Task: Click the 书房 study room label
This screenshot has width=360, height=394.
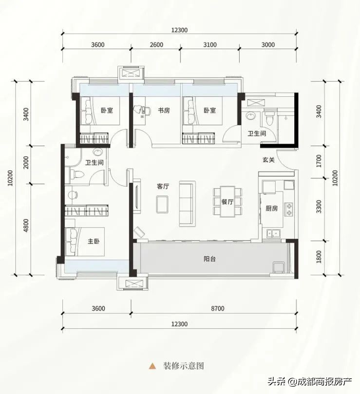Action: [x=164, y=110]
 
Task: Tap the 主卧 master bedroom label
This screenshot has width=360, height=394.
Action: [x=94, y=242]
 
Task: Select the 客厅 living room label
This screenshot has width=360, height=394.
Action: [x=163, y=187]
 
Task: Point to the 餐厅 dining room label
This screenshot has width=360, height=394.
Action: [x=227, y=202]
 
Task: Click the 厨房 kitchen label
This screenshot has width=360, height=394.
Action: [x=272, y=208]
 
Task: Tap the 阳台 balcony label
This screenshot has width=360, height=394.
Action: [x=209, y=259]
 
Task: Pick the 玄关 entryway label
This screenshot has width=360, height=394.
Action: [x=269, y=160]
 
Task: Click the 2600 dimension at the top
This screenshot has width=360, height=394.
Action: [x=156, y=45]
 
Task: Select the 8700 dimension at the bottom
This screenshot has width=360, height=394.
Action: [x=217, y=308]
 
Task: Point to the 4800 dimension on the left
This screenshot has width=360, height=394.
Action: [x=26, y=225]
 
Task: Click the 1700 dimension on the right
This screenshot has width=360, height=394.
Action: [x=319, y=161]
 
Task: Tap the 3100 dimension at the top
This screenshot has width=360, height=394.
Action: [x=210, y=45]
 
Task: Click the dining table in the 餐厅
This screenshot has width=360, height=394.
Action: [x=227, y=201]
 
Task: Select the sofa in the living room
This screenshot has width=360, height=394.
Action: [x=187, y=204]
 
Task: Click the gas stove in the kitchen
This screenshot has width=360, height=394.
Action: [x=289, y=209]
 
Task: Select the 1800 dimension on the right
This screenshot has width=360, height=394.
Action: [x=319, y=257]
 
